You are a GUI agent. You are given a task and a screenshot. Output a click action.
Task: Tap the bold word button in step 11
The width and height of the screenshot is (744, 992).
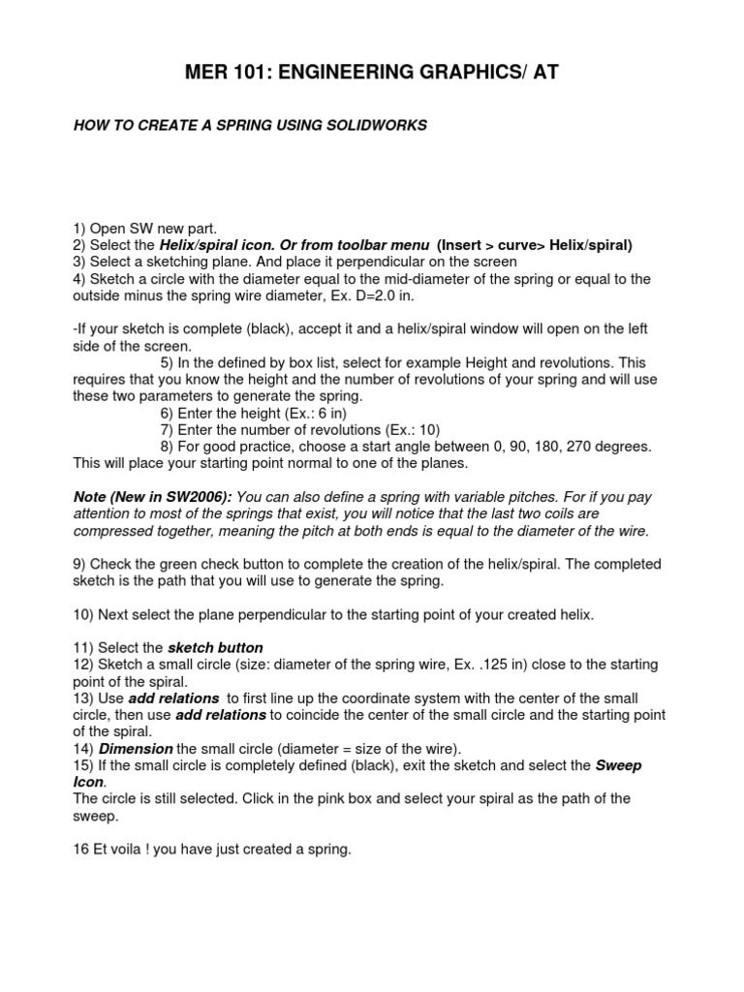coord(239,647)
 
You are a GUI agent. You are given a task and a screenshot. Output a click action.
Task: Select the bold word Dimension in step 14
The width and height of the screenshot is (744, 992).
coord(135,749)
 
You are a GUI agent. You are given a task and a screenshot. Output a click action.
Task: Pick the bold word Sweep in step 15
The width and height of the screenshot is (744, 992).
coord(618,765)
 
